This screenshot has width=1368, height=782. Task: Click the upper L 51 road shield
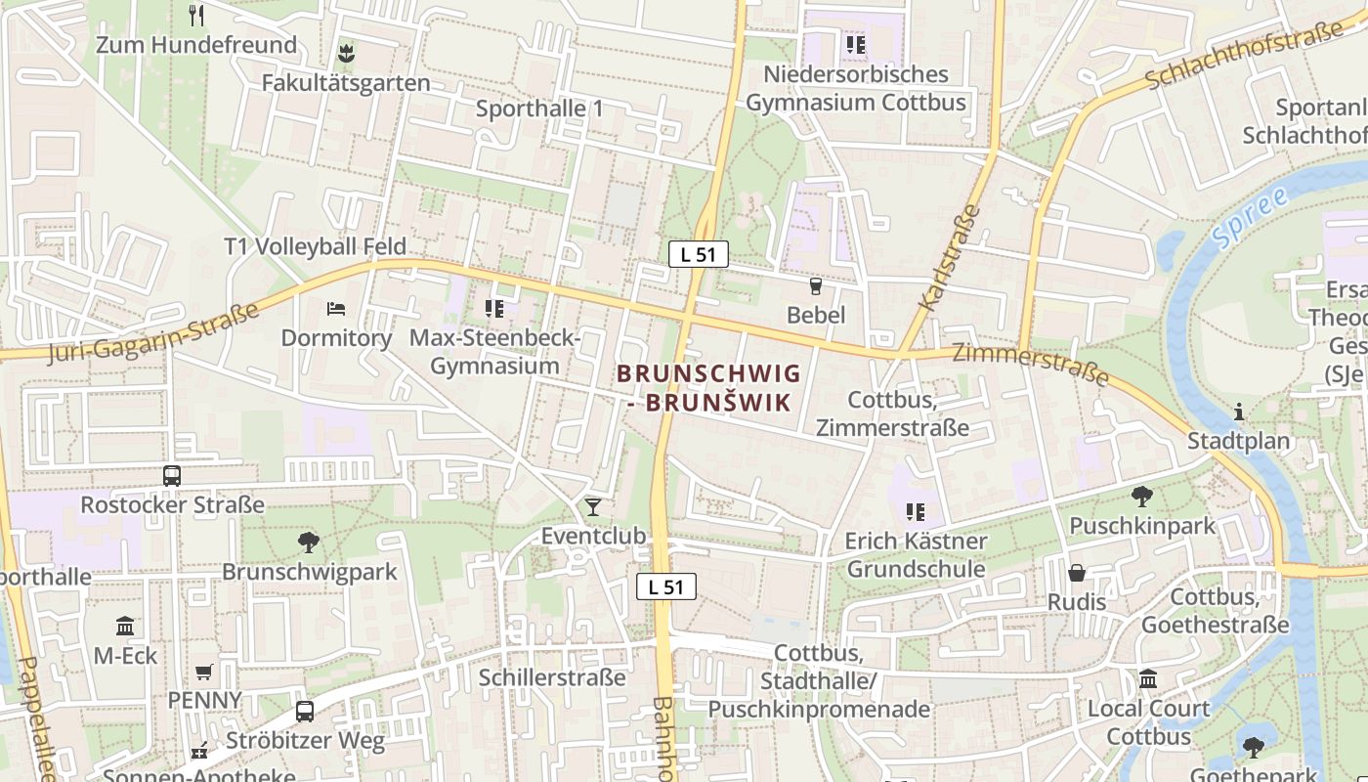[x=699, y=254]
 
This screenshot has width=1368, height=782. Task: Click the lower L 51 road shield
[x=666, y=586]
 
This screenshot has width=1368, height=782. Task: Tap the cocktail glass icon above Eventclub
[x=592, y=506]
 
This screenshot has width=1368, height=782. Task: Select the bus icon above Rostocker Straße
[x=172, y=476]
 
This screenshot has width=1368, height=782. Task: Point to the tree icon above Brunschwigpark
[x=309, y=542]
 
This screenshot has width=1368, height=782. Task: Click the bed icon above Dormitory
[x=336, y=309]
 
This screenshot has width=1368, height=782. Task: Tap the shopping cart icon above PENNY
[x=204, y=672]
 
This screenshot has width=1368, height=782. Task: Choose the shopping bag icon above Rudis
[x=1077, y=573]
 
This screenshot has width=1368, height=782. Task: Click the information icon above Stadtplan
[x=1239, y=412]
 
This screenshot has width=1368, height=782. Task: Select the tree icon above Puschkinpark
[x=1141, y=497]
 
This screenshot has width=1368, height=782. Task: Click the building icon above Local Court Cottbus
[x=1148, y=678]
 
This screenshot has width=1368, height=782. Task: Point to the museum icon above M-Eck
[x=125, y=626]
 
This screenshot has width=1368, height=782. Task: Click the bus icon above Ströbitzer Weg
[x=305, y=711]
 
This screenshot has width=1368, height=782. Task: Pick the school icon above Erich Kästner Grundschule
[x=916, y=511]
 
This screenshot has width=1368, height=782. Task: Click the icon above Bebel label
[x=816, y=285]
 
